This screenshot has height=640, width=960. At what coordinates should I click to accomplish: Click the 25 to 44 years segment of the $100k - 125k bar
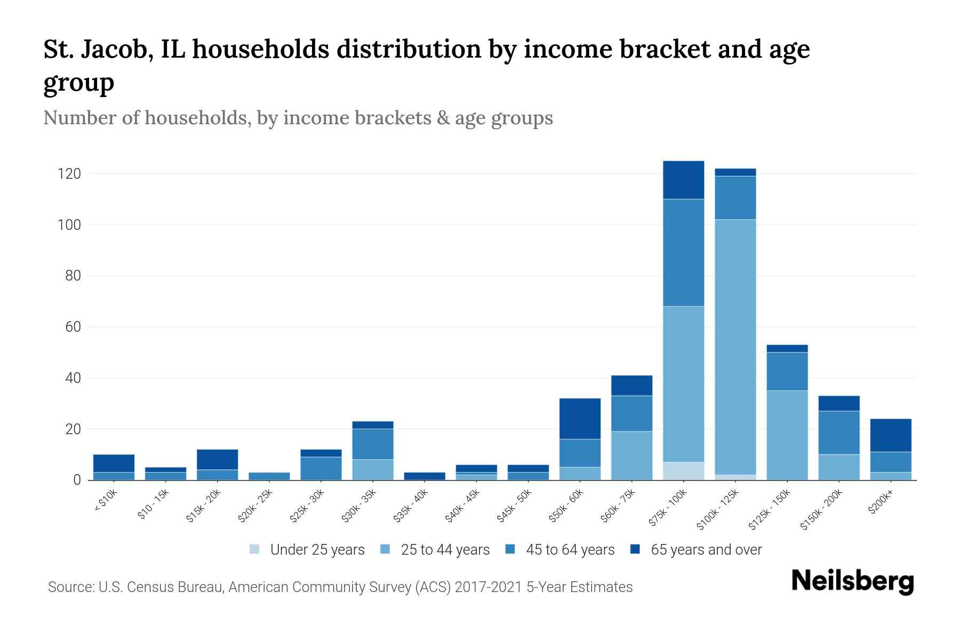(735, 347)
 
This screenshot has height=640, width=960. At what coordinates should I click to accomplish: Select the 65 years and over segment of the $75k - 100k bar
(684, 180)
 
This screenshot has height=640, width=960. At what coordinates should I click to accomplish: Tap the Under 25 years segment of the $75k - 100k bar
(684, 470)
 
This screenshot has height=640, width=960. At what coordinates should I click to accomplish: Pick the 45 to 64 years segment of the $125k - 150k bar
(787, 371)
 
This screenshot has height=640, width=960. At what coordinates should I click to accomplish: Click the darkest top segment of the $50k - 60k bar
(580, 419)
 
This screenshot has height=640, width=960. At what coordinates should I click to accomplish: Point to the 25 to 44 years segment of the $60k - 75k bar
(632, 455)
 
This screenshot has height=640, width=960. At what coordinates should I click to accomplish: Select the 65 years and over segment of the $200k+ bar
(891, 435)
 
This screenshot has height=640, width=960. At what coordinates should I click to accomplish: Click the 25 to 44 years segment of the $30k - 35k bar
(373, 469)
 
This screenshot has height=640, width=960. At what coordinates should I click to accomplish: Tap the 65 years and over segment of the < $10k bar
(114, 463)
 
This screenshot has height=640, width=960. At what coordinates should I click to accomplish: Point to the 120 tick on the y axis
(69, 174)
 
